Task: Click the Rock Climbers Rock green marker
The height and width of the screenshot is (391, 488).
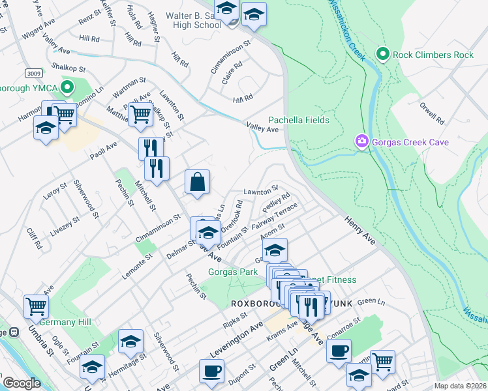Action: pos(383,55)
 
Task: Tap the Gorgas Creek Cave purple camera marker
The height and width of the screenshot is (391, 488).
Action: pos(361,141)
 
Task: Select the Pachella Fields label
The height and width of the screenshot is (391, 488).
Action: pos(299,121)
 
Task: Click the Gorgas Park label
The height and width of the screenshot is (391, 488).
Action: pos(233,272)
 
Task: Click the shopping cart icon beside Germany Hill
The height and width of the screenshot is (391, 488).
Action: pos(36,306)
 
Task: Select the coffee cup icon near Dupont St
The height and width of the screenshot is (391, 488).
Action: pos(211,372)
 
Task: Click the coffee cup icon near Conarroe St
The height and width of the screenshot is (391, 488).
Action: pos(338,351)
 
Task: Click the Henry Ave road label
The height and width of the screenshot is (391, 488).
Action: pos(360,231)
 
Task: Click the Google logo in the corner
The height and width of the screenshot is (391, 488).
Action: pos(22,383)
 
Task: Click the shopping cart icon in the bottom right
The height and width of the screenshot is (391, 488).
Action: pos(382,360)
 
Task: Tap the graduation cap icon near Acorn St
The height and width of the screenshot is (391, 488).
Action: pos(275,250)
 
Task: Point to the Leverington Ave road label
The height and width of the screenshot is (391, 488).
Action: pos(236,338)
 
